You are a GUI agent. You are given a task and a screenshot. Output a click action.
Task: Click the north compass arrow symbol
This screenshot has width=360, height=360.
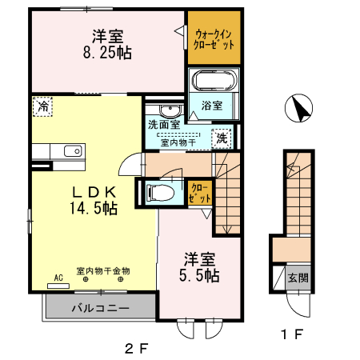[299, 109]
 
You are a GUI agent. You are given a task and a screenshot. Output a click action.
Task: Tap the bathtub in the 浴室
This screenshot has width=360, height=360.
[214, 81]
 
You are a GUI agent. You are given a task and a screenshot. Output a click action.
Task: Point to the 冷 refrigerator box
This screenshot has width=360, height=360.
[42, 106]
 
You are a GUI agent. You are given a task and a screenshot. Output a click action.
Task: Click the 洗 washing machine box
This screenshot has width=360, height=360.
[223, 138]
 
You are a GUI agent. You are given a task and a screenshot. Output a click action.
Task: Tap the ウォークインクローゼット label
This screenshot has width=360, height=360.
[214, 39]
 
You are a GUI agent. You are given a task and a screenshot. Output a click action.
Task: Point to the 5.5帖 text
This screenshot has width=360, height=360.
[200, 274]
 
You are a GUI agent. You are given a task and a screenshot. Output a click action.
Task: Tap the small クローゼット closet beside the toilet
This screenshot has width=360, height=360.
[200, 193]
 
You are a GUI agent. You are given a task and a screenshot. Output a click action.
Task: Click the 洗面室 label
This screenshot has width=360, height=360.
[162, 125]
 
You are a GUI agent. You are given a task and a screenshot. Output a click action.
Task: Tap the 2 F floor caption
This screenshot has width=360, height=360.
[136, 348]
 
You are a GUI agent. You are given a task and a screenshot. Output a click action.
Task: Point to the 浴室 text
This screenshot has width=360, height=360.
[211, 106]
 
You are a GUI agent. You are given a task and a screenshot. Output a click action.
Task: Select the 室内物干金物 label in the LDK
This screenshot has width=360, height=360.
[103, 270]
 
